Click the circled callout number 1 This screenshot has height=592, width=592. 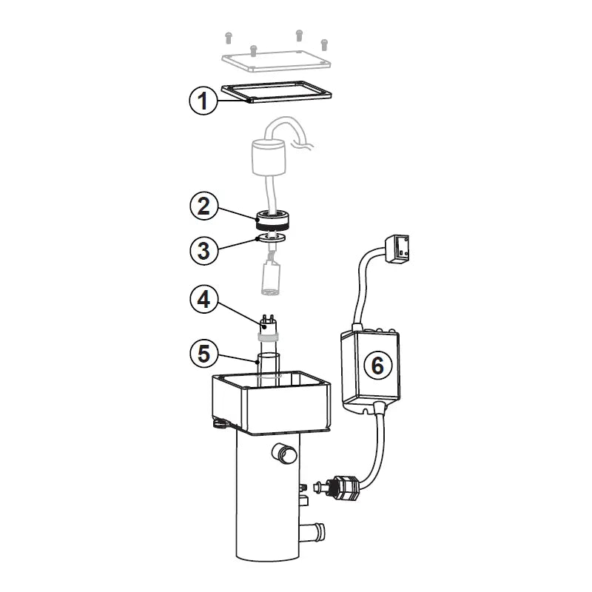[x=203, y=101]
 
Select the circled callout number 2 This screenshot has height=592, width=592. [x=203, y=206]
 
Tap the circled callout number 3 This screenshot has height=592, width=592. [x=203, y=249]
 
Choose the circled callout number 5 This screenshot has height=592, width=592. [x=203, y=354]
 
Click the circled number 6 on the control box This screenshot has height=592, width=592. [x=377, y=365]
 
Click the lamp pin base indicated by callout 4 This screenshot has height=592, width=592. [x=267, y=326]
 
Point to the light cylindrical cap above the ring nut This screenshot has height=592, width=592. [x=268, y=158]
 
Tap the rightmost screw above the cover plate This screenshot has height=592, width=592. [x=324, y=42]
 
